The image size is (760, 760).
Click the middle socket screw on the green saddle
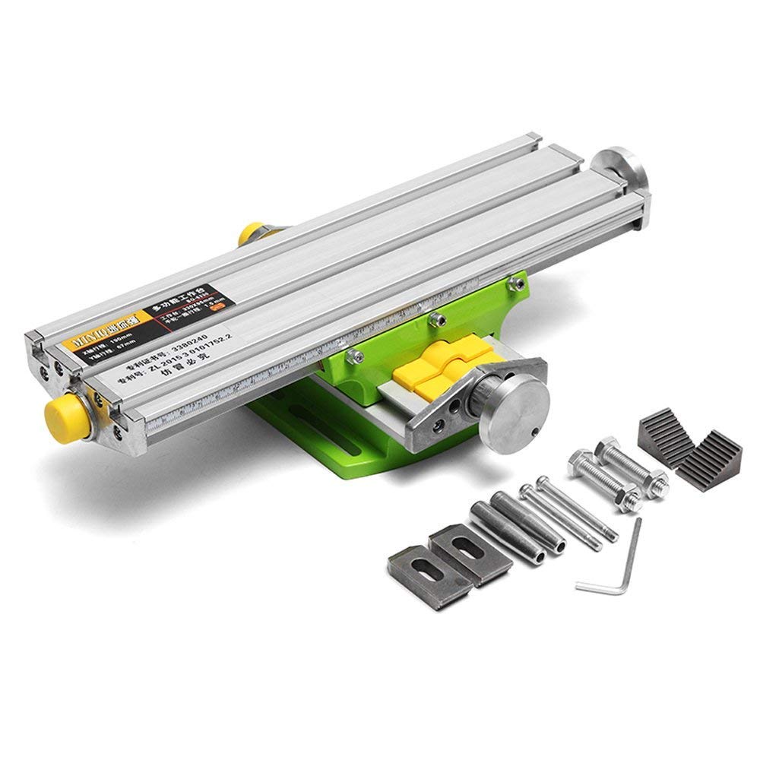click(434, 318)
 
